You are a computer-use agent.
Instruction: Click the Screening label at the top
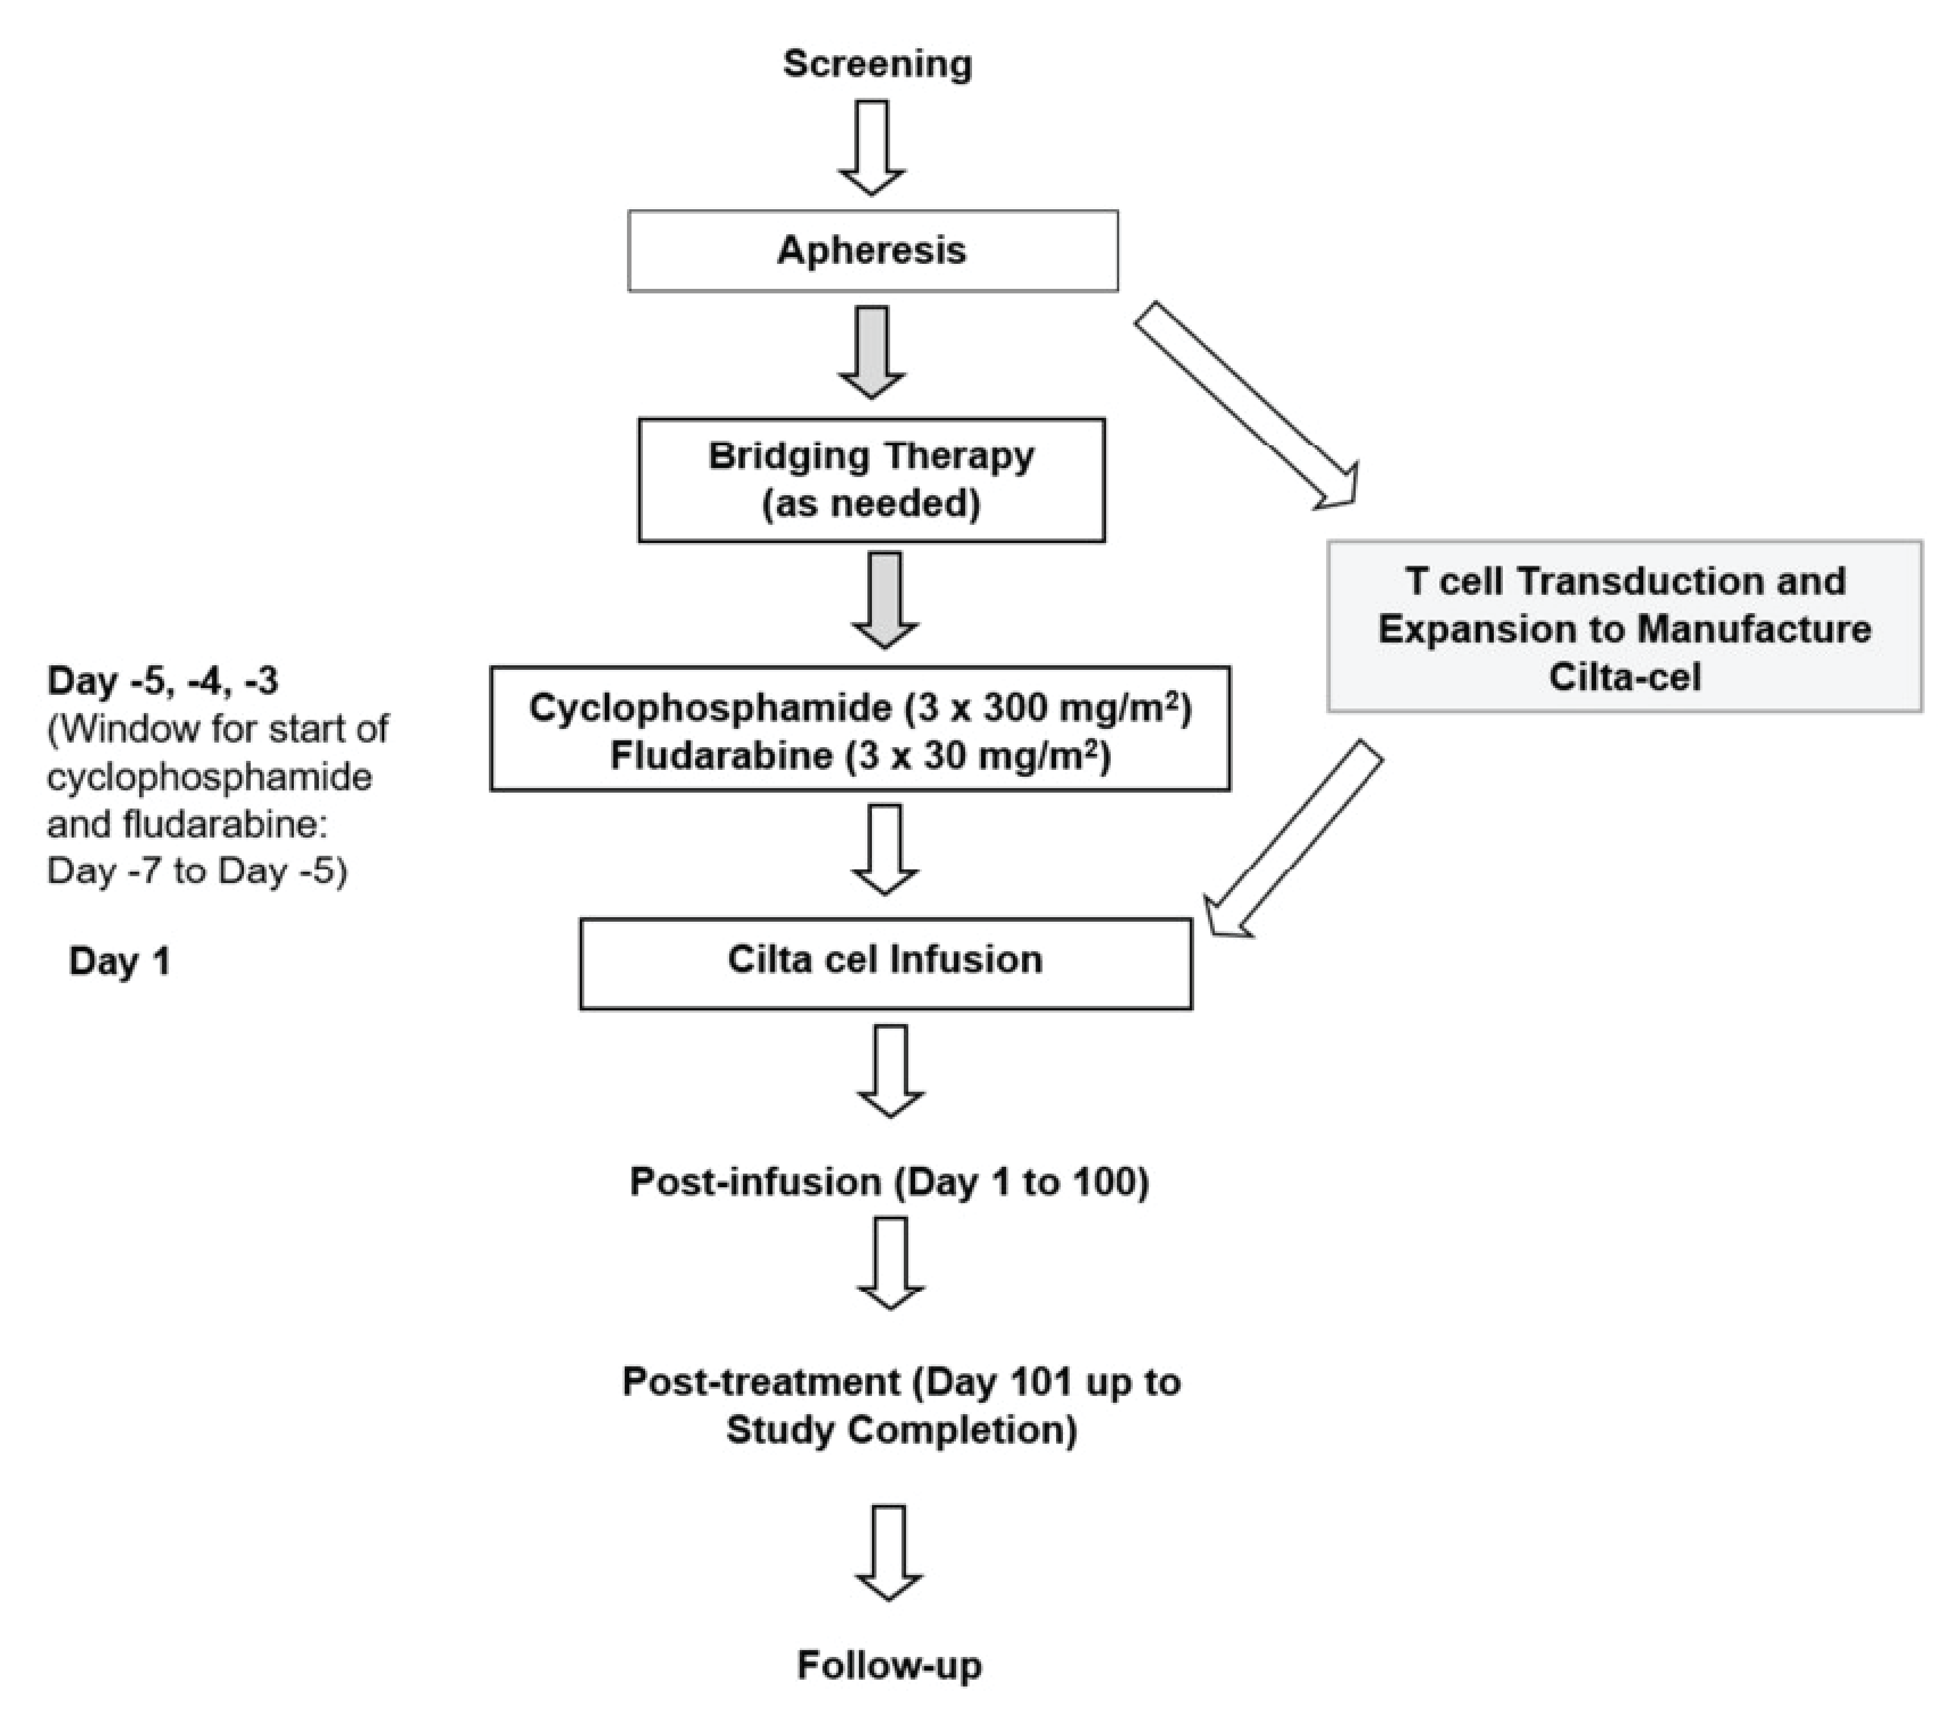pyautogui.click(x=877, y=64)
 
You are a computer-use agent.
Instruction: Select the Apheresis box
pyautogui.click(x=872, y=250)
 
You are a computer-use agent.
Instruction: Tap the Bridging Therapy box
pyautogui.click(x=871, y=479)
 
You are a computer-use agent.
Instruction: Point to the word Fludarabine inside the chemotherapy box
pyautogui.click(x=721, y=756)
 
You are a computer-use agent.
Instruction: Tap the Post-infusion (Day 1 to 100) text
pyautogui.click(x=889, y=1182)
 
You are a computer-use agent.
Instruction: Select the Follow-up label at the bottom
pyautogui.click(x=889, y=1665)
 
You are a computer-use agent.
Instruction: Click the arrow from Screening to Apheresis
pyautogui.click(x=872, y=147)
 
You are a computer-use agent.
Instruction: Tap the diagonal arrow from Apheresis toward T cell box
pyautogui.click(x=1246, y=404)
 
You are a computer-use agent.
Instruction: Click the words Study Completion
pyautogui.click(x=901, y=1430)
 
